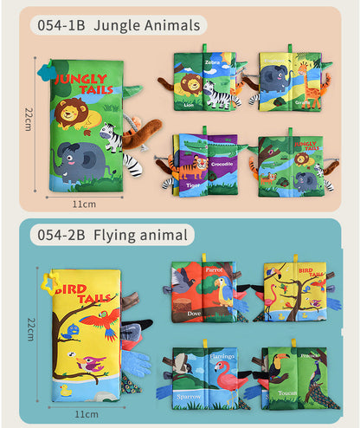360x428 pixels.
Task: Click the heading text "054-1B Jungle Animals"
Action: [x=119, y=26]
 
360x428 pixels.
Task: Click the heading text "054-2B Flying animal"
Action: [x=111, y=235]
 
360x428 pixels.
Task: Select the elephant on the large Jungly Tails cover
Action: [x=79, y=159]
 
